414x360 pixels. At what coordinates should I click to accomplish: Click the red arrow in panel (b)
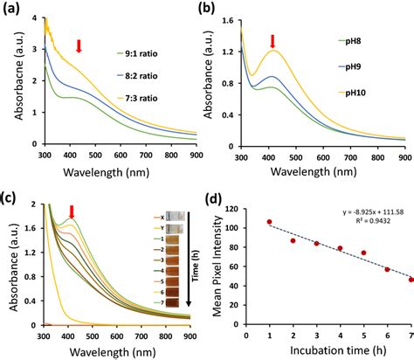point(273,41)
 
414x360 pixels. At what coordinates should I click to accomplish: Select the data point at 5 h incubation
point(363,253)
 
